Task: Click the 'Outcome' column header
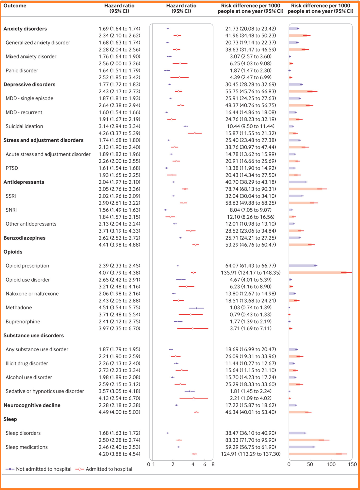(15, 6)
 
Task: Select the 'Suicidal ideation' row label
(24, 126)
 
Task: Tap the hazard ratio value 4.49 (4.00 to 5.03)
(119, 412)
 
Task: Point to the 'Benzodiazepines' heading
(24, 238)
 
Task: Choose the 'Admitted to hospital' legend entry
(109, 469)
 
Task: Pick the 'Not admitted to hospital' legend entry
(44, 469)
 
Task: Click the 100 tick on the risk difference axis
(331, 464)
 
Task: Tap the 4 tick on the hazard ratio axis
(193, 464)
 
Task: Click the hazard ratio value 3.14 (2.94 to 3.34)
(119, 126)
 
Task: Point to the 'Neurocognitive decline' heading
(32, 405)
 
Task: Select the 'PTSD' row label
(12, 168)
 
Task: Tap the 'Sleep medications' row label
(27, 447)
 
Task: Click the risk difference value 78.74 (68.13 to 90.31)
(251, 189)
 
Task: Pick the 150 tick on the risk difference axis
(352, 464)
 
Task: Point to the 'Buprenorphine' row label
(23, 322)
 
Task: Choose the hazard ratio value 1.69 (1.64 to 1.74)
(119, 29)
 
